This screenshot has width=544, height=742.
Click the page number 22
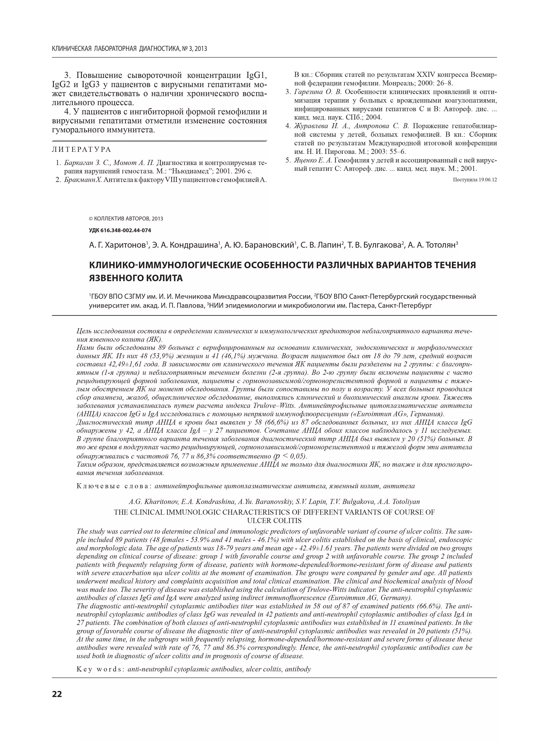click(x=57, y=694)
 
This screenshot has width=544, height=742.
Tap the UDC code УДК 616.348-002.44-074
click(x=120, y=230)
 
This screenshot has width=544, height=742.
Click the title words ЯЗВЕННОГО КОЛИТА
click(x=136, y=278)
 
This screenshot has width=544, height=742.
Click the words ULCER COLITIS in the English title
click(x=274, y=521)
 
